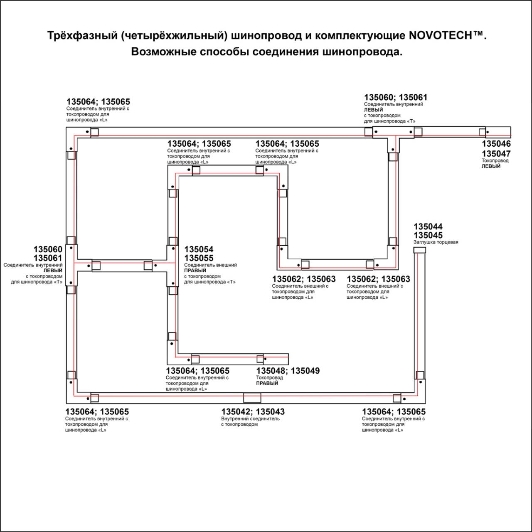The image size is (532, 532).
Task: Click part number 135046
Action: [x=496, y=144]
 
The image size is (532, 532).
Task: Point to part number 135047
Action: [x=496, y=154]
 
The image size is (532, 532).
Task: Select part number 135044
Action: [x=428, y=227]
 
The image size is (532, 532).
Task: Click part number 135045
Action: [x=428, y=235]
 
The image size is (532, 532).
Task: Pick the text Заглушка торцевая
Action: [x=436, y=242]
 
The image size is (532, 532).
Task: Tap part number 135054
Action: [x=199, y=249]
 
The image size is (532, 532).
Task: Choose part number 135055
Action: [x=199, y=258]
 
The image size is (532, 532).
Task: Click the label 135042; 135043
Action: [x=253, y=412]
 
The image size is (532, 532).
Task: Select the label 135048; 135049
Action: [x=288, y=371]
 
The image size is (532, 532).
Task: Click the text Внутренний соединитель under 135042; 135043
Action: [x=250, y=419]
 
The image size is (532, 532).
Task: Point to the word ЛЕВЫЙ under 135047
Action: [x=491, y=166]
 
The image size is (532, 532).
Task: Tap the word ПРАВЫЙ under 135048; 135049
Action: [x=267, y=383]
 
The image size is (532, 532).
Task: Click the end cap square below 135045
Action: [x=419, y=250]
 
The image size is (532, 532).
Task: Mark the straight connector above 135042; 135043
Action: [x=252, y=398]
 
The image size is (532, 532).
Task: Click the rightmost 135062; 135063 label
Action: [x=378, y=279]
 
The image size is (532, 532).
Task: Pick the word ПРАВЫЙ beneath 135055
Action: [x=195, y=271]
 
